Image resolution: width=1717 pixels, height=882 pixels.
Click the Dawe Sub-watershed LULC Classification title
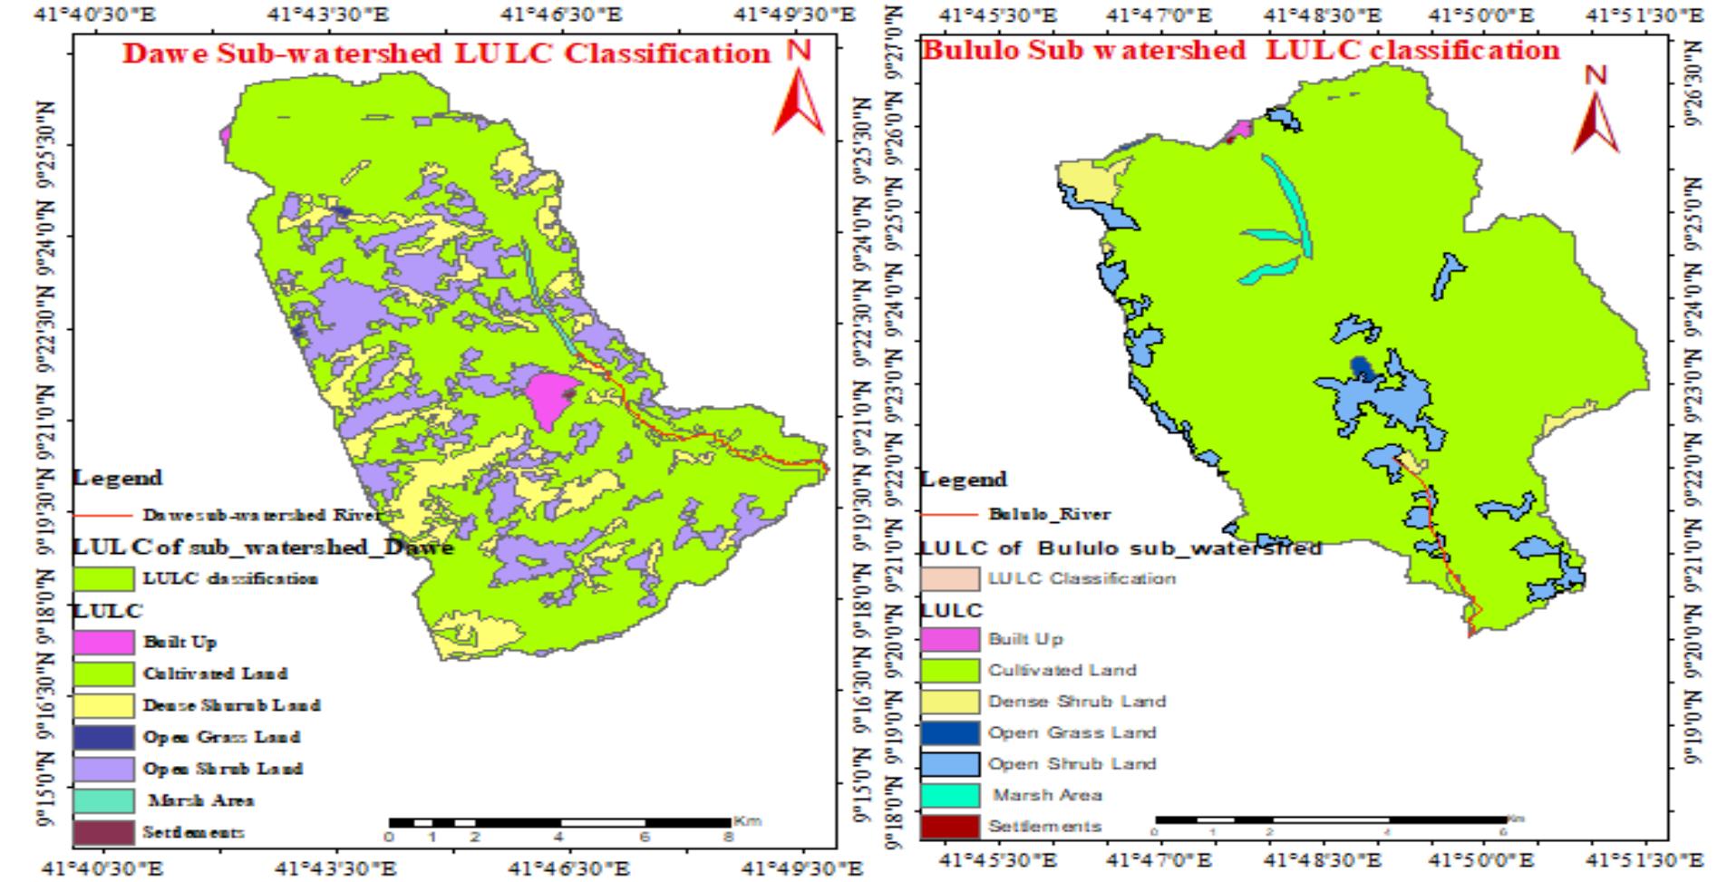[446, 53]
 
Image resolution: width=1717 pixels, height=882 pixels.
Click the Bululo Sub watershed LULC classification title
[1240, 50]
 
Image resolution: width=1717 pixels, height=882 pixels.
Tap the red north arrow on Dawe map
[798, 102]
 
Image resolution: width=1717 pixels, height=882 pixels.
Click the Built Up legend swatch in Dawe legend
[102, 642]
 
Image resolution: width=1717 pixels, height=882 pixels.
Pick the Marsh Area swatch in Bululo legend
[949, 795]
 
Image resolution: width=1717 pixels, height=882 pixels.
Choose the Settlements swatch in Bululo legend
[949, 826]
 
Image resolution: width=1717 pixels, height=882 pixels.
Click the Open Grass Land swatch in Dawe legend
[102, 737]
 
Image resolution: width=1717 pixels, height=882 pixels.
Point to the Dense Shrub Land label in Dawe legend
[231, 705]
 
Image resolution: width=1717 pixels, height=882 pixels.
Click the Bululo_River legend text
[1048, 514]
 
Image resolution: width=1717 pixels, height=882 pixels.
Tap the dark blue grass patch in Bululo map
[1361, 367]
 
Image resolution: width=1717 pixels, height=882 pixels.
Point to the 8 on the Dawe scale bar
[728, 837]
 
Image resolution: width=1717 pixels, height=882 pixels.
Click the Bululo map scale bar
[1330, 819]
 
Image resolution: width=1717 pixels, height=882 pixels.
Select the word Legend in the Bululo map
[963, 479]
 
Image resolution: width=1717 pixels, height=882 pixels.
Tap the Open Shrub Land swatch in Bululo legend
[949, 763]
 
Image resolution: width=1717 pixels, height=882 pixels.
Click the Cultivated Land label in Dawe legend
[215, 674]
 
